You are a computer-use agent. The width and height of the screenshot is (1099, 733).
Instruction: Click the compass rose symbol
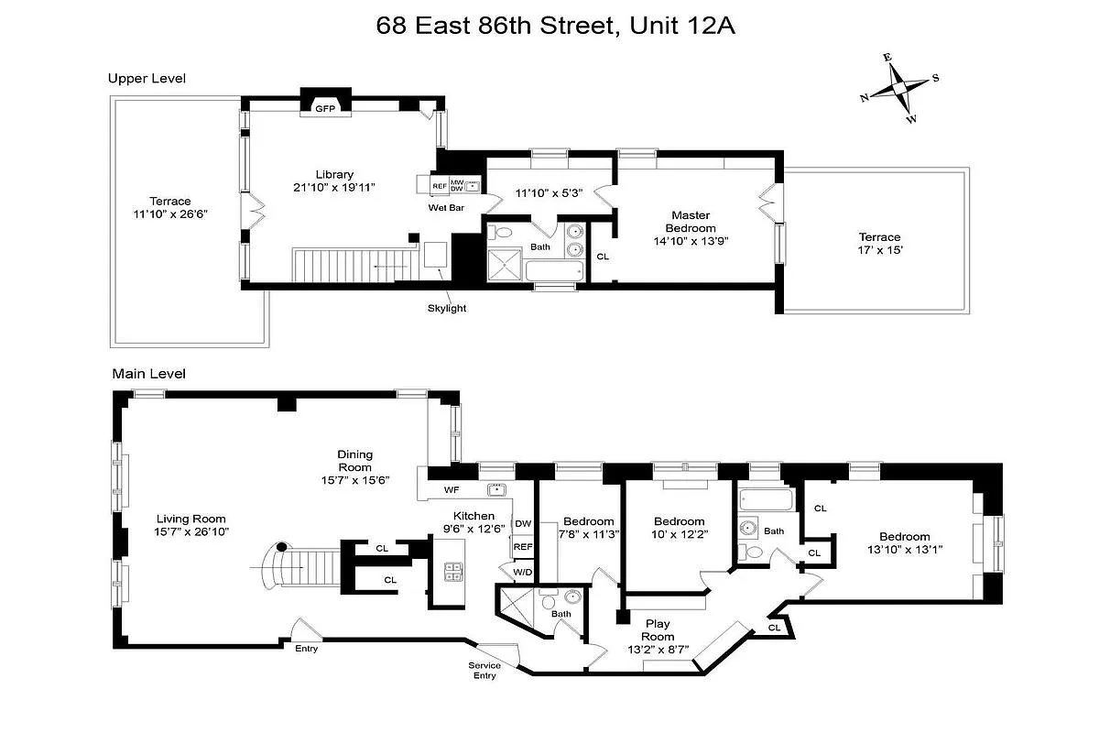(898, 88)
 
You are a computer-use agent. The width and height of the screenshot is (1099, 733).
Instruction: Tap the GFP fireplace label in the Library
(325, 108)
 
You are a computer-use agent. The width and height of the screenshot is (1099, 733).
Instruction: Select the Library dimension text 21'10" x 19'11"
(334, 187)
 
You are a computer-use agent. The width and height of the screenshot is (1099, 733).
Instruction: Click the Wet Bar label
(446, 208)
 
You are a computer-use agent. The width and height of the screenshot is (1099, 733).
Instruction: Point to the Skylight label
(446, 308)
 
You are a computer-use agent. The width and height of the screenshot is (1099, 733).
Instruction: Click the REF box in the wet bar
(440, 186)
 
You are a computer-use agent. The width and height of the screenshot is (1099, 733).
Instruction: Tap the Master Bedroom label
(691, 222)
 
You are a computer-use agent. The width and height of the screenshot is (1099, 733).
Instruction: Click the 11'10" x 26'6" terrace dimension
(171, 215)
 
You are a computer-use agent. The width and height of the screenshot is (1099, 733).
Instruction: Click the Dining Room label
(354, 461)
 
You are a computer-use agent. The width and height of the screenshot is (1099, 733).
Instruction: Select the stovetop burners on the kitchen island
(452, 573)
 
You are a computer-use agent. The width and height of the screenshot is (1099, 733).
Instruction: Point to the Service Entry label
(484, 671)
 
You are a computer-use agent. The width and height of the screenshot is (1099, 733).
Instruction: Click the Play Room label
(658, 630)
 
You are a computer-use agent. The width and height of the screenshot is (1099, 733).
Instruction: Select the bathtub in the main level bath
(765, 500)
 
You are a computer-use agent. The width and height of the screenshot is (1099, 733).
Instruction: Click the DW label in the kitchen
(523, 524)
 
